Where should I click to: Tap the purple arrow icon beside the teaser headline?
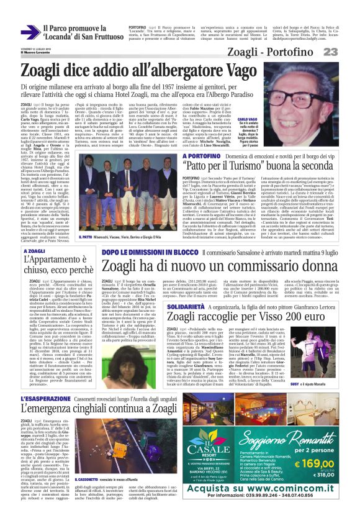tap(29, 30)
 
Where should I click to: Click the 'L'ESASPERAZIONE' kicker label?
tap(43, 397)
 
